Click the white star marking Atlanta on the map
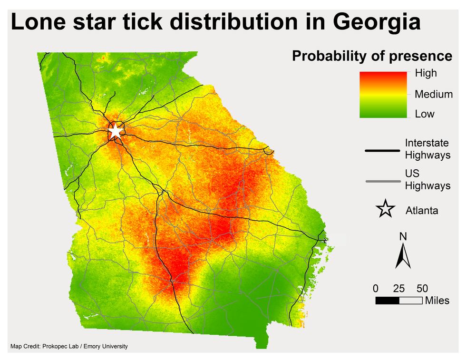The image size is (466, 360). pos(115,131)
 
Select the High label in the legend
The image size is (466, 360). pos(426,73)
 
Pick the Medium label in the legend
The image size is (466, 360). pos(433,94)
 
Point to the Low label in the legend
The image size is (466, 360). pos(425,114)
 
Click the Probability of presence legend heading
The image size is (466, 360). pos(372,56)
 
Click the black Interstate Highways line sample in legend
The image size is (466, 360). pos(382,151)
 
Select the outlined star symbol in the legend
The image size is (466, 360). pos(385,209)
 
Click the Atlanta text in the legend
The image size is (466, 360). pos(422,210)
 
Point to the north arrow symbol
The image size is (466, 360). pos(403,256)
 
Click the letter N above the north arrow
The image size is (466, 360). pos(403,236)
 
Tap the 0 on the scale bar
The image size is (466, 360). pos(376,288)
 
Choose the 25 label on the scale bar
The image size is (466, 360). pos(399,288)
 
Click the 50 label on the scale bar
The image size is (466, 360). pos(422,288)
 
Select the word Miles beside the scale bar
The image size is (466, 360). pos(437,301)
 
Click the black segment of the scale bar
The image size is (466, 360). pos(387,301)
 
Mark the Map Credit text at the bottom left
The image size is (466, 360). pos(69,346)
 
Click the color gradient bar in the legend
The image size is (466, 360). pos(383,95)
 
